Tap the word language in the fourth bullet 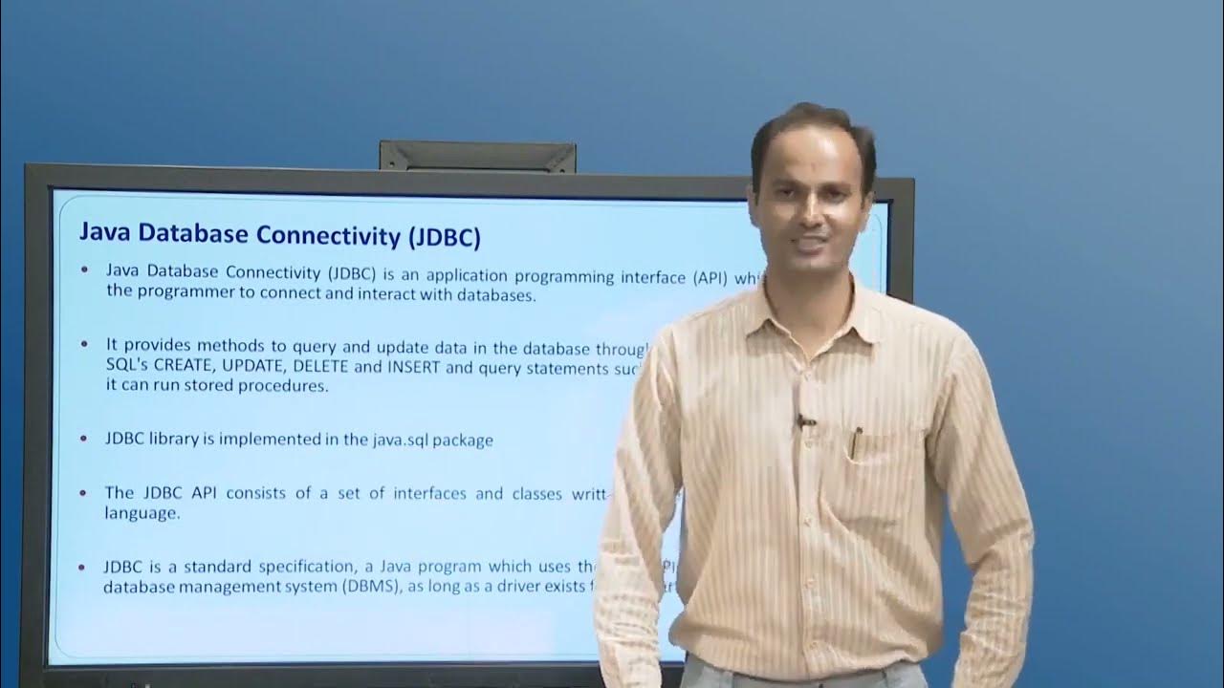coord(141,512)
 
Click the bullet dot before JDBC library coord(86,440)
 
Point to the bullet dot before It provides coord(86,343)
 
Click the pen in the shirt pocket coord(857,441)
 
